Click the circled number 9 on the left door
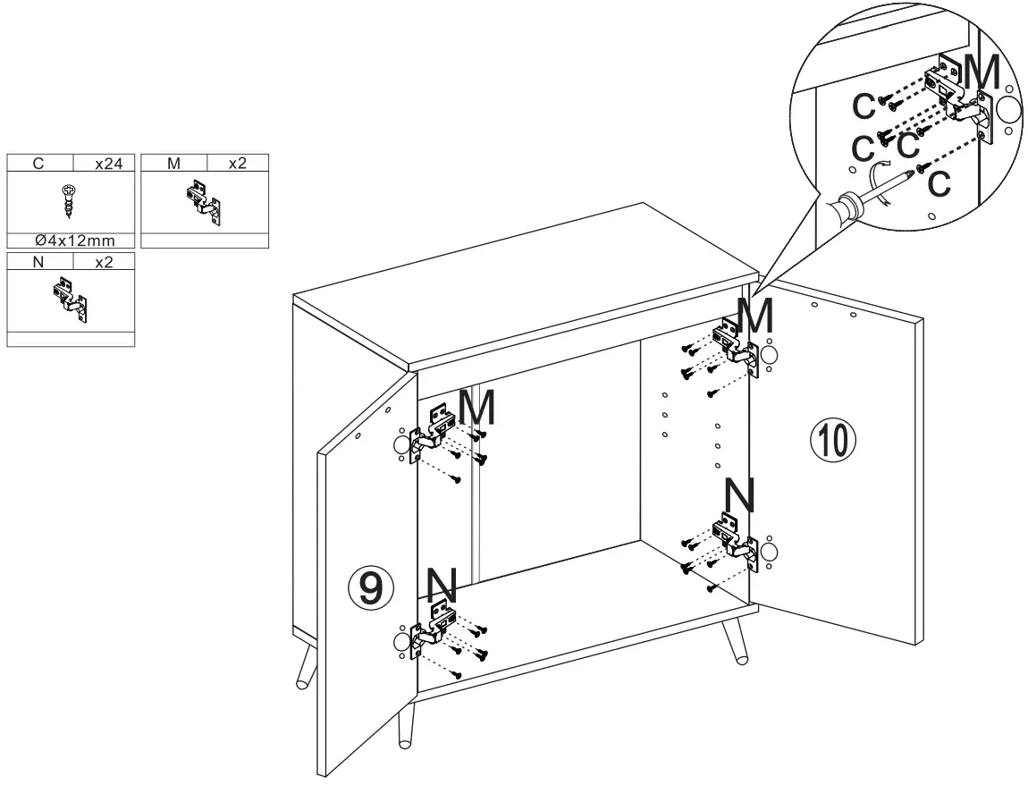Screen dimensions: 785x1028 pyautogui.click(x=367, y=586)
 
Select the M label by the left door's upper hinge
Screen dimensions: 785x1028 pyautogui.click(x=474, y=409)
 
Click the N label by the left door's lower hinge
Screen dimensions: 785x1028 pyautogui.click(x=442, y=586)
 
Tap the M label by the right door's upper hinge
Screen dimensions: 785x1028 pyautogui.click(x=754, y=313)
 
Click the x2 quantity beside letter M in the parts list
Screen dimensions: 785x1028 pyautogui.click(x=237, y=164)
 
